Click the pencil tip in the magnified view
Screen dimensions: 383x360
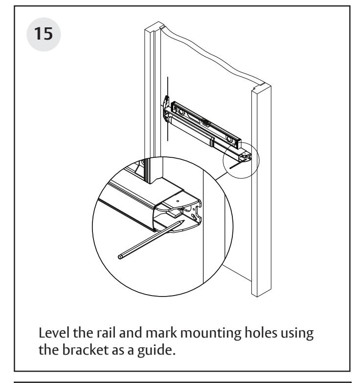[184, 221]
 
